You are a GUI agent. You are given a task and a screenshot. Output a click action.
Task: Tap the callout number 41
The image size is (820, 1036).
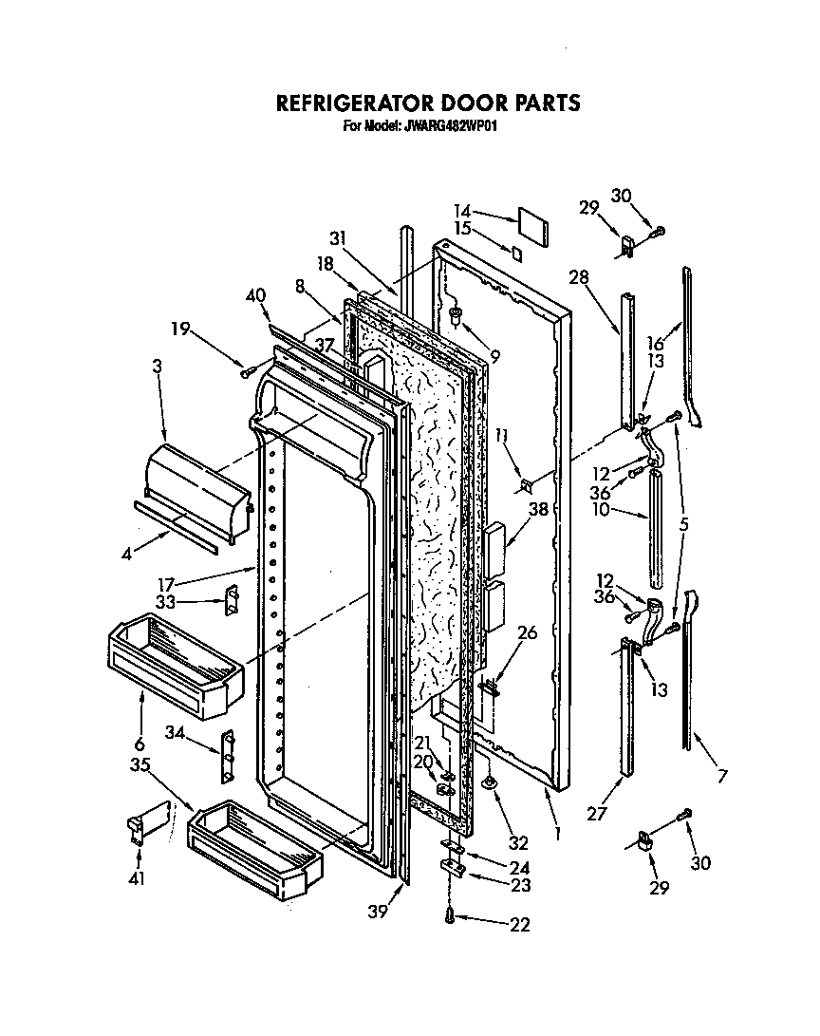click(x=137, y=878)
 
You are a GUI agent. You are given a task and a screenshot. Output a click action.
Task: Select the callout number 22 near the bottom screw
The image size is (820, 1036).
click(x=519, y=924)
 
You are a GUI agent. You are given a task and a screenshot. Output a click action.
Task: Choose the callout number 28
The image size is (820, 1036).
click(x=579, y=277)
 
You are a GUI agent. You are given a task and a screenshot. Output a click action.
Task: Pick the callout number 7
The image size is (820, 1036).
click(x=722, y=777)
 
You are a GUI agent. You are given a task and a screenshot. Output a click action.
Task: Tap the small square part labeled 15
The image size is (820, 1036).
click(x=516, y=253)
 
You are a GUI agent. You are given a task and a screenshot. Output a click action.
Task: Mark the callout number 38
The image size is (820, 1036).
click(x=538, y=508)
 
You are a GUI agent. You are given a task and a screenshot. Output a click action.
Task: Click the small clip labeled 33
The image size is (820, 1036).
click(x=229, y=601)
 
